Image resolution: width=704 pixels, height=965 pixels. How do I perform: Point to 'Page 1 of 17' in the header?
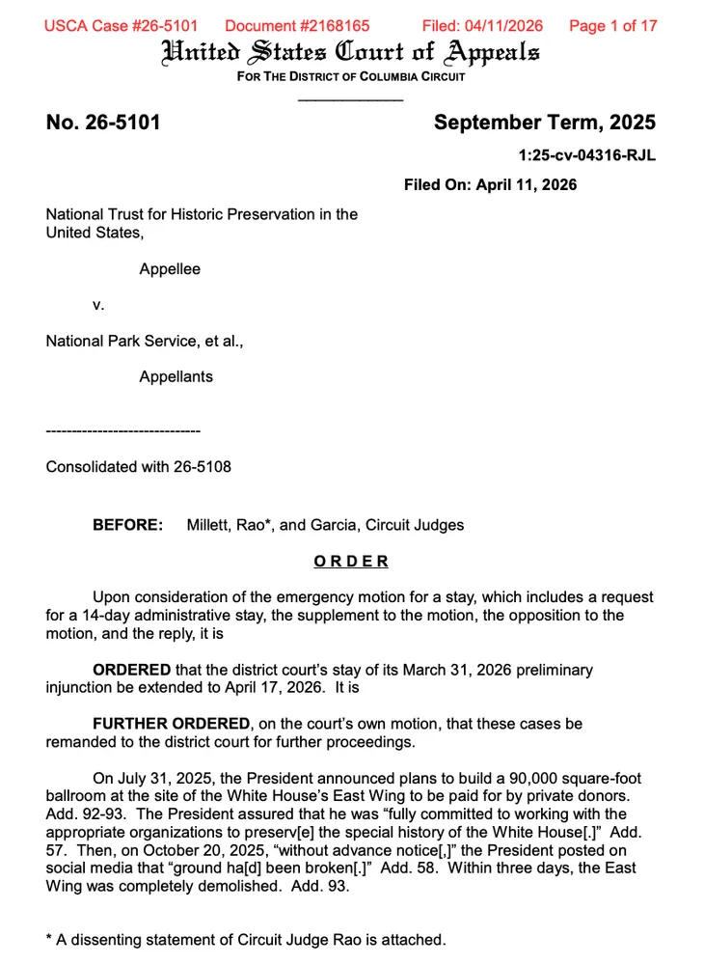(613, 26)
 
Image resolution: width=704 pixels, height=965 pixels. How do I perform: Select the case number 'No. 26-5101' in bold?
(103, 123)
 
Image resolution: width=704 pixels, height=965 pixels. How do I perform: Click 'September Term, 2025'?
(544, 123)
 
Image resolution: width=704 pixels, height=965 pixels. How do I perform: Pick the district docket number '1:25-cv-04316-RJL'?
(587, 155)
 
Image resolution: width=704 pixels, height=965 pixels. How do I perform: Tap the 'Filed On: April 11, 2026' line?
(490, 184)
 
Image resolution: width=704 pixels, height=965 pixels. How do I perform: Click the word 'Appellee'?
(170, 269)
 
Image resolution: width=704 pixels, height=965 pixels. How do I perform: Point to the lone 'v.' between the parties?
(97, 305)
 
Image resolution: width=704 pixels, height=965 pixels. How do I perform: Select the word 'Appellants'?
(176, 376)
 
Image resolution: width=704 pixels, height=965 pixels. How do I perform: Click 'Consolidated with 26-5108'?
(139, 467)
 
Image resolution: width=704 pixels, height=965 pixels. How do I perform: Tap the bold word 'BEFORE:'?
(127, 526)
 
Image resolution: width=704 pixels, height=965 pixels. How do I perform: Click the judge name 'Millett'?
(210, 526)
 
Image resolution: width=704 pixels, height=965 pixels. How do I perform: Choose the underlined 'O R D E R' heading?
(351, 562)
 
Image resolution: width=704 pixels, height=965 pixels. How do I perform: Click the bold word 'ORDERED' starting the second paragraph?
(131, 670)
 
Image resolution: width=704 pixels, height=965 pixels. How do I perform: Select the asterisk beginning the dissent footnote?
(49, 938)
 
